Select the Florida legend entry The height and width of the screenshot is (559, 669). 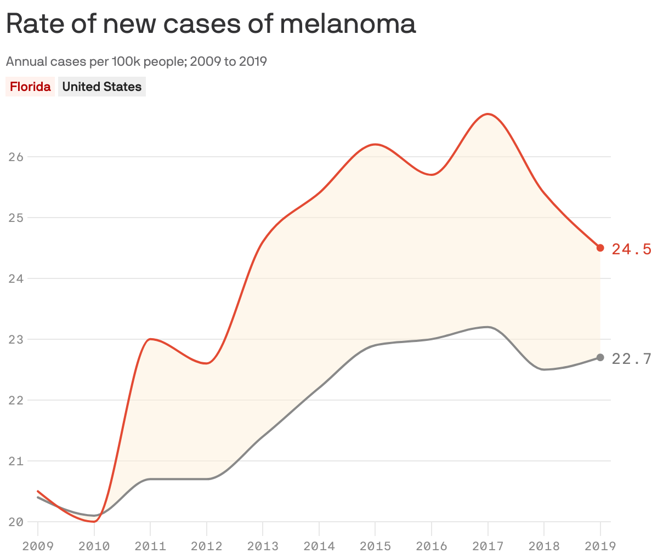tap(30, 87)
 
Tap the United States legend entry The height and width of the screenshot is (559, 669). tap(101, 87)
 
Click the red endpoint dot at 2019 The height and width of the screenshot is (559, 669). tap(600, 248)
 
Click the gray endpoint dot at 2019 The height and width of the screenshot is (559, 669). tap(600, 357)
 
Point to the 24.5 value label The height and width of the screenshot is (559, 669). tap(631, 249)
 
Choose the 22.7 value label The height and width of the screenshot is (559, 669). tap(631, 359)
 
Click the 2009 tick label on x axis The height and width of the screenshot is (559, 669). tap(38, 546)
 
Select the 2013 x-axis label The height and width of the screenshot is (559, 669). tap(263, 546)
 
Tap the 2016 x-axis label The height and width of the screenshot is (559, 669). tap(432, 546)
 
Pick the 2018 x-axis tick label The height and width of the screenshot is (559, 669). tap(544, 546)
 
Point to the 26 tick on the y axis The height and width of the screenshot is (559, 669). tap(16, 157)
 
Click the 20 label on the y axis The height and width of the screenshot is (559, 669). tap(16, 522)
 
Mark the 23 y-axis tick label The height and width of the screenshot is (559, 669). tap(16, 339)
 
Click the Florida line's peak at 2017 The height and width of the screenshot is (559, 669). tap(488, 114)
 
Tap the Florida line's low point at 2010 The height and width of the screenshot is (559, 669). tap(94, 521)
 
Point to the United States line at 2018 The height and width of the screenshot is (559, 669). tap(544, 369)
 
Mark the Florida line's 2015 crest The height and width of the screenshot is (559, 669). tap(375, 144)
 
